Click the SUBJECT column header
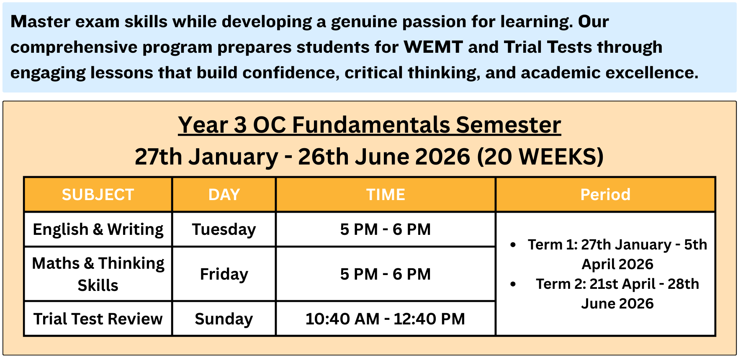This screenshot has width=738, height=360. click(x=98, y=195)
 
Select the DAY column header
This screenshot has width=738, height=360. click(x=224, y=195)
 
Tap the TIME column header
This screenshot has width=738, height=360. click(x=386, y=195)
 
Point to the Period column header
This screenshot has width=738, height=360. click(x=605, y=195)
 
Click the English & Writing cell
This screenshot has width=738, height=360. click(x=98, y=229)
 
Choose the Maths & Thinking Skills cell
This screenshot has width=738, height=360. click(x=98, y=274)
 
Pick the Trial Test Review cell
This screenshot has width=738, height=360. click(x=98, y=319)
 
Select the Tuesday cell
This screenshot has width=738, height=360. click(x=224, y=229)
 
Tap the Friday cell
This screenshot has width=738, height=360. click(x=224, y=274)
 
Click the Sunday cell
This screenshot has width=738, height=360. click(x=224, y=319)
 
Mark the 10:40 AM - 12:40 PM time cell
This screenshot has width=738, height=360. click(x=386, y=319)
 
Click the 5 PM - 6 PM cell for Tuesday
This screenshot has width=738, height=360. click(x=386, y=229)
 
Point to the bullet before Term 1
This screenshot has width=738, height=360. click(x=513, y=245)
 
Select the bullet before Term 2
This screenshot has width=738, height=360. click(x=513, y=284)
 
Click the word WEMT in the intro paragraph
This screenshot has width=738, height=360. click(x=433, y=47)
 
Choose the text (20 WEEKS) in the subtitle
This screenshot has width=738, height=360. click(x=540, y=157)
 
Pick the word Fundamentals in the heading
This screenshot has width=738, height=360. click(x=371, y=125)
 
